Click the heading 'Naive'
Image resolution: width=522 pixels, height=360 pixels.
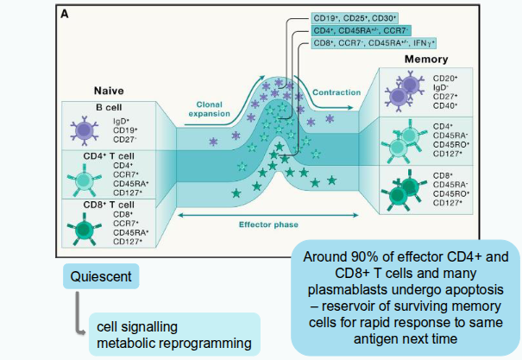pyautogui.click(x=110, y=90)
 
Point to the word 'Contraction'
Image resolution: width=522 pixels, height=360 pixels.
pyautogui.click(x=336, y=92)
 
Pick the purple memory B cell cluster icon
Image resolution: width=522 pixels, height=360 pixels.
pyautogui.click(x=405, y=92)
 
